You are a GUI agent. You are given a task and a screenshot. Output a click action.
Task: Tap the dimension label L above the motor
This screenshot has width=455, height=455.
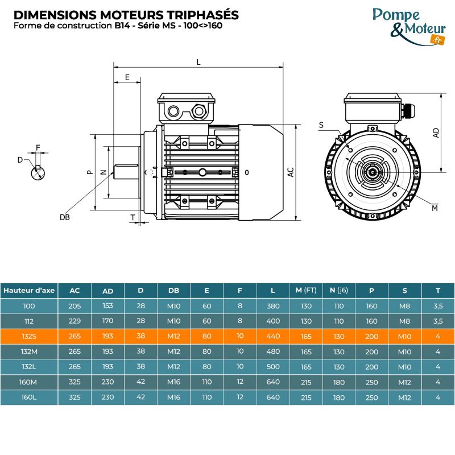click(x=198, y=62)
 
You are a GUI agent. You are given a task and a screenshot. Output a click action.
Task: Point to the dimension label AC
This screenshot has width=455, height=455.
click(x=291, y=172)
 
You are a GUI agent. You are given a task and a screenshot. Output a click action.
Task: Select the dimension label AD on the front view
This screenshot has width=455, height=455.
click(x=436, y=133)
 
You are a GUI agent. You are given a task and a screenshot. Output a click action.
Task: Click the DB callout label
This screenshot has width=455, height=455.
click(x=64, y=217)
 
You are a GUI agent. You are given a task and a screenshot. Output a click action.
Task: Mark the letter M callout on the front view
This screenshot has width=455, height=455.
click(x=435, y=208)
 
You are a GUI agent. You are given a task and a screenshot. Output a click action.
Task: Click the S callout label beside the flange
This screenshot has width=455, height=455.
click(x=321, y=125)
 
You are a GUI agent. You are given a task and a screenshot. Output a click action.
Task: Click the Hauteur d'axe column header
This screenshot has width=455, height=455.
click(x=29, y=290)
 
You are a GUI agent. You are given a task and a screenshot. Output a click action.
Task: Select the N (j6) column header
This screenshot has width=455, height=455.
click(x=339, y=290)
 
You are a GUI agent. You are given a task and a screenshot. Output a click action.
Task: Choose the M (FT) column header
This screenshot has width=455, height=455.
click(x=306, y=290)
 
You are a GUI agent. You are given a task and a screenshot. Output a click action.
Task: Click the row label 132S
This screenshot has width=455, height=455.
click(x=29, y=336)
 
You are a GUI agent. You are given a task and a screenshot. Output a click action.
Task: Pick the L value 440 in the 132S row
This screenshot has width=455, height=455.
click(x=273, y=336)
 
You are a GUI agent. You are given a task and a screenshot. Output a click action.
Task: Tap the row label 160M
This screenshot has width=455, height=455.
click(x=29, y=382)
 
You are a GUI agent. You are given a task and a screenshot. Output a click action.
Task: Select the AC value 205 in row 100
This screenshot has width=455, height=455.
click(x=75, y=305)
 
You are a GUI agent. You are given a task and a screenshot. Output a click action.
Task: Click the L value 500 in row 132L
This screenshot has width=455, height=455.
click(x=273, y=366)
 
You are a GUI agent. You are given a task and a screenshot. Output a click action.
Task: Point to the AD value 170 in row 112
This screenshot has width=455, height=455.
click(x=107, y=321)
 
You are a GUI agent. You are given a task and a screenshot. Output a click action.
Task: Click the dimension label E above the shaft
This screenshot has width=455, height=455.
click(x=127, y=77)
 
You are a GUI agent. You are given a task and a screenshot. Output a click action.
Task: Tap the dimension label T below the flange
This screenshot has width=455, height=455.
click(x=133, y=217)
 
